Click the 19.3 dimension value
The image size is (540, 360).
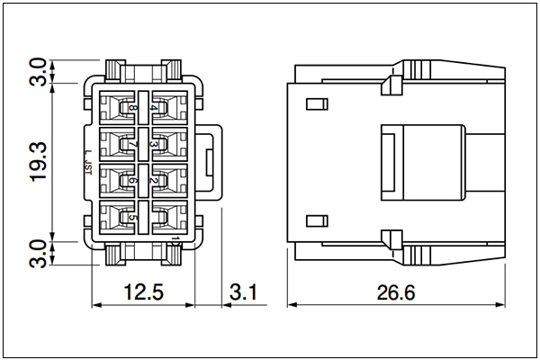tap(38, 162)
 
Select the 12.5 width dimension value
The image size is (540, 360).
tap(144, 292)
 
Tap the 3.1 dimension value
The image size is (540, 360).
tap(243, 292)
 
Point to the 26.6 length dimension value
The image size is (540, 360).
tap(396, 292)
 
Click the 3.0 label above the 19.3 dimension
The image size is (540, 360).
tap(38, 72)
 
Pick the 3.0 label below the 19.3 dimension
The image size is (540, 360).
tap(38, 254)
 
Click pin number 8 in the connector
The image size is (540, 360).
tap(132, 108)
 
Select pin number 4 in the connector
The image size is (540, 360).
tap(154, 108)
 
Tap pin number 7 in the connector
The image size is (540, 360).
tap(132, 144)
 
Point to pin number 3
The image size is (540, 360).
tap(154, 144)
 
